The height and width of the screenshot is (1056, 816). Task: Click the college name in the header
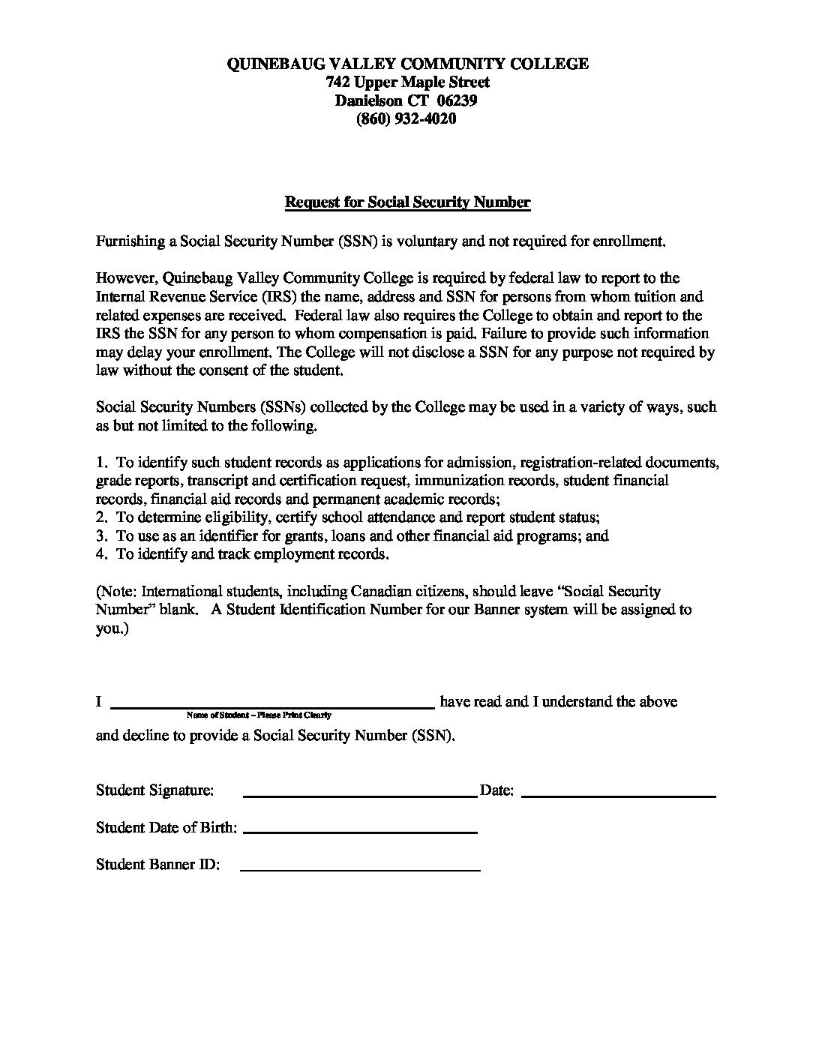pyautogui.click(x=407, y=64)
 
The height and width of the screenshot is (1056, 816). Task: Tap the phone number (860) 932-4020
pyautogui.click(x=406, y=118)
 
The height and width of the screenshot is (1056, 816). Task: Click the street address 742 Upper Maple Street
pyautogui.click(x=407, y=82)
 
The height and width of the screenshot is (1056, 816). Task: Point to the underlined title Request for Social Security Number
pyautogui.click(x=407, y=202)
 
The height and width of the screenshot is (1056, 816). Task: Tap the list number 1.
pyautogui.click(x=101, y=462)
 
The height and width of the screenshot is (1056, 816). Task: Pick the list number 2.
pyautogui.click(x=101, y=517)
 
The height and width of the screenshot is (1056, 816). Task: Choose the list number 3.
pyautogui.click(x=101, y=536)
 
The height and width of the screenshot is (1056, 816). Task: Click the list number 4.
pyautogui.click(x=101, y=554)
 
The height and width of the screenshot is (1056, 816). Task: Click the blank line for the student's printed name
pyautogui.click(x=272, y=705)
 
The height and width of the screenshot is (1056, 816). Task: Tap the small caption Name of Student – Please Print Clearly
pyautogui.click(x=259, y=715)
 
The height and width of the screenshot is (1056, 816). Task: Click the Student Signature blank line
pyautogui.click(x=360, y=793)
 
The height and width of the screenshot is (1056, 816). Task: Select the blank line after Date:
pyautogui.click(x=618, y=793)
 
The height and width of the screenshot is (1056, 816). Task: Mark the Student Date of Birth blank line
pyautogui.click(x=360, y=831)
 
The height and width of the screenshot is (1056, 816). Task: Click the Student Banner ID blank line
pyautogui.click(x=360, y=868)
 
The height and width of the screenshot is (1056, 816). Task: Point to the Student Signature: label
pyautogui.click(x=154, y=790)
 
